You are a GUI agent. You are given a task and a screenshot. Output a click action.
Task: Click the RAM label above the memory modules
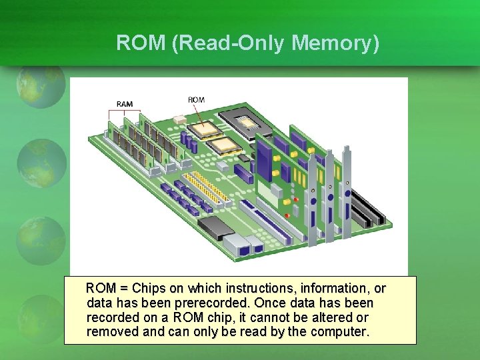point(125,104)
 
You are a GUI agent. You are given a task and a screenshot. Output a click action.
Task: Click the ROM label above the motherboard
point(196,100)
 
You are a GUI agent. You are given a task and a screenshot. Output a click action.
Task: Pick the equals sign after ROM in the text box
point(124,289)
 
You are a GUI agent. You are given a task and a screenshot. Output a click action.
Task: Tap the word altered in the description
point(331,317)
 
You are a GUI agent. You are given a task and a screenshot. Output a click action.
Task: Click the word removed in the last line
point(111,331)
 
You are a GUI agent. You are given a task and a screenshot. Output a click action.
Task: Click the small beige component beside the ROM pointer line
point(179,119)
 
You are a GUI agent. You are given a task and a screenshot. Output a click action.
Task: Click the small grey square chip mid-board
point(244,158)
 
